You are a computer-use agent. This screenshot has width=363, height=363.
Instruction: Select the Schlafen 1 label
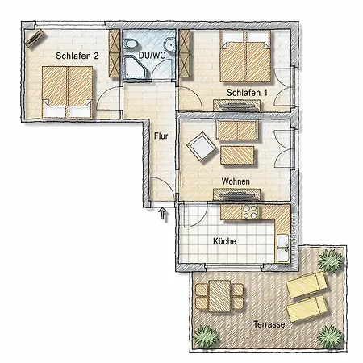[247, 94]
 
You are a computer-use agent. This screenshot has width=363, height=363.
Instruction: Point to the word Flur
[161, 136]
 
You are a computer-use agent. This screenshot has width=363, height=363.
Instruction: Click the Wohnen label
[236, 181]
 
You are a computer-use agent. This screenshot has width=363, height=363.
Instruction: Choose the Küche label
[224, 240]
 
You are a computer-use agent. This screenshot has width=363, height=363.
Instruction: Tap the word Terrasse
[269, 323]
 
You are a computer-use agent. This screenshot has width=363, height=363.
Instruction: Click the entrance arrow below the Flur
[163, 214]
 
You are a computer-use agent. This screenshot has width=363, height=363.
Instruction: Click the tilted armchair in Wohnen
[199, 148]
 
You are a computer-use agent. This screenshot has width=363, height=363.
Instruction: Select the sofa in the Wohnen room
[236, 130]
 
